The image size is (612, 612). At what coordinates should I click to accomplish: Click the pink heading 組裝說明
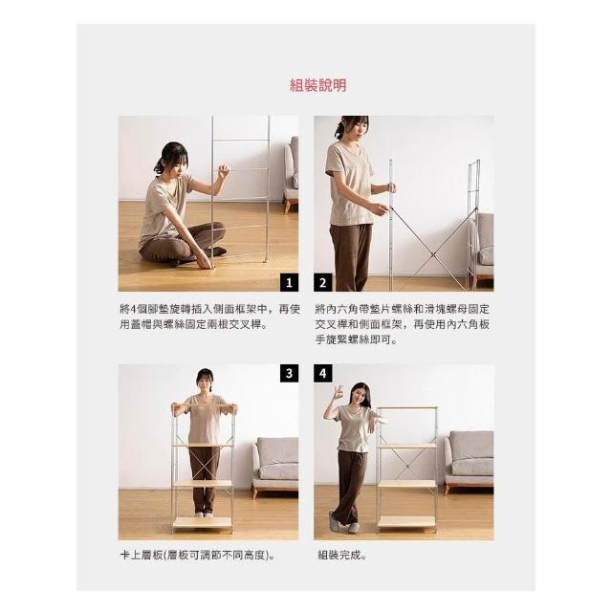[318, 85]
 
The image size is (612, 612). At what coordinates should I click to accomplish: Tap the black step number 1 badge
[289, 283]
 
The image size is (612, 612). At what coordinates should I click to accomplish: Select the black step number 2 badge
[323, 283]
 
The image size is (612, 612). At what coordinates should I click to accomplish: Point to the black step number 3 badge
[289, 374]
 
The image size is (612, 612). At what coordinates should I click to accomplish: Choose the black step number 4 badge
[323, 374]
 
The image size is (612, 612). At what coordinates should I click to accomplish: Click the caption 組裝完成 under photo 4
[342, 555]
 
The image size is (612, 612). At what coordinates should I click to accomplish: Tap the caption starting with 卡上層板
[198, 555]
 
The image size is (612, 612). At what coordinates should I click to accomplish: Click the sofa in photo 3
[274, 467]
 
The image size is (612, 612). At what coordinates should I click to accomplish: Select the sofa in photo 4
[469, 461]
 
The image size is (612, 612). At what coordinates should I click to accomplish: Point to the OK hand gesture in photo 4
[339, 390]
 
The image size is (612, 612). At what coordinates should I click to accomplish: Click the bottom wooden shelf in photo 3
[202, 522]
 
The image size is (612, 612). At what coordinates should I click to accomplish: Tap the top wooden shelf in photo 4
[407, 408]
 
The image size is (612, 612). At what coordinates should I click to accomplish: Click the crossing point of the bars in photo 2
[433, 255]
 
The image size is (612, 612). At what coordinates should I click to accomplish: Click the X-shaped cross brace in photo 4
[407, 466]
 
